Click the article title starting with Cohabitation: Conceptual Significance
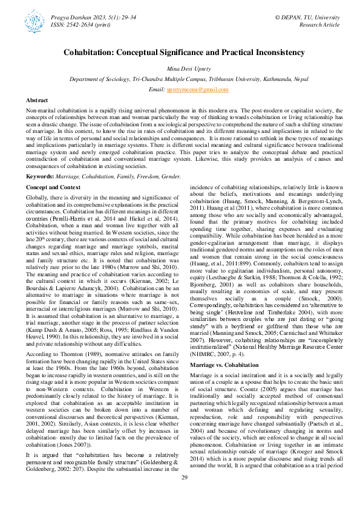(180, 53)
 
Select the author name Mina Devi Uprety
(180, 70)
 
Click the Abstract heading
(38, 100)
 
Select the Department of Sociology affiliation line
(180, 79)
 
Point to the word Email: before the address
(157, 89)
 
